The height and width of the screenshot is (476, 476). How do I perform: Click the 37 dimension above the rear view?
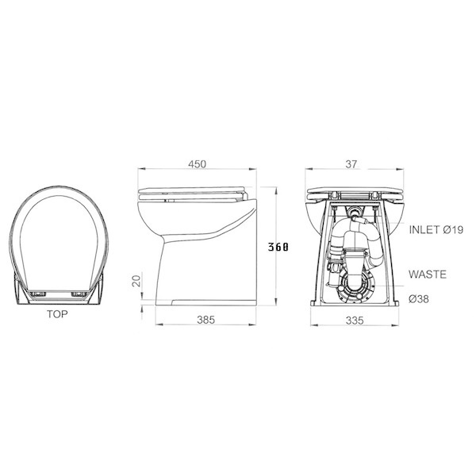coord(351,164)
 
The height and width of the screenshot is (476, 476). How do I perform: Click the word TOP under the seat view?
coord(56,314)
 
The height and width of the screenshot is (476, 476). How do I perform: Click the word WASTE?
coord(427,274)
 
